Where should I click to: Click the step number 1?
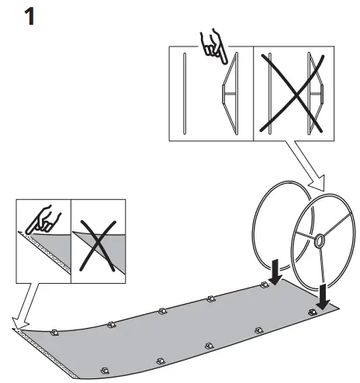click(x=29, y=16)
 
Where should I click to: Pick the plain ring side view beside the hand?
click(x=184, y=92)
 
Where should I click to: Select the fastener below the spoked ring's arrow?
click(x=312, y=312)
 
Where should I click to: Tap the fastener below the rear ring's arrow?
click(x=264, y=285)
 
